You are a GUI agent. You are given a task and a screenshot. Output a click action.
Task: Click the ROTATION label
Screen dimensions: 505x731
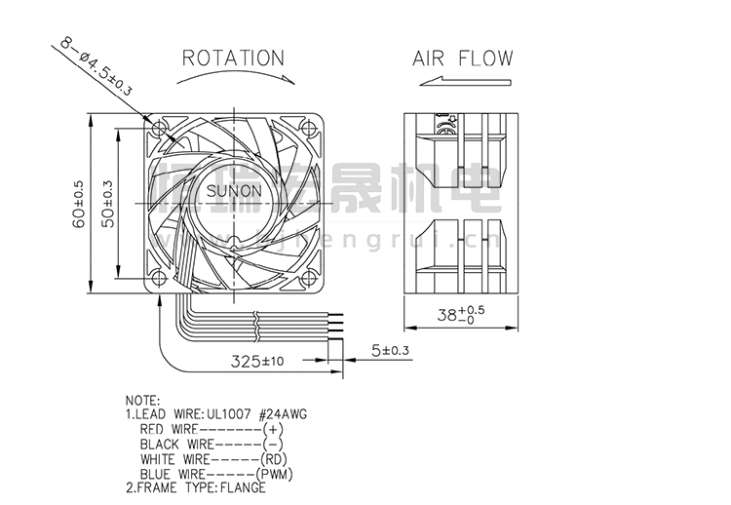coord(233,58)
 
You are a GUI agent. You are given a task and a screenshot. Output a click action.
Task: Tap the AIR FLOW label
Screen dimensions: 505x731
coord(461,58)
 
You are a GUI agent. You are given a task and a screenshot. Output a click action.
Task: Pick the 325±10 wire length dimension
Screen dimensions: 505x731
coord(257,361)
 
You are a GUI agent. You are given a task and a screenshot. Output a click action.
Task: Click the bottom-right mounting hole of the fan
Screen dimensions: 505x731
coord(309,278)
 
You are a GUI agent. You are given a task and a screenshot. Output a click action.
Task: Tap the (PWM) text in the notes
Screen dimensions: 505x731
coord(289,475)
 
